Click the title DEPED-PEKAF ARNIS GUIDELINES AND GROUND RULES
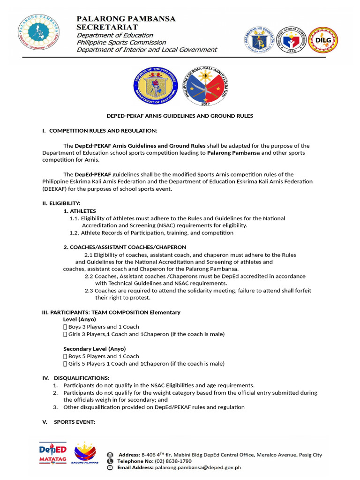pos(179,116)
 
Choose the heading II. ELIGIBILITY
pos(61,203)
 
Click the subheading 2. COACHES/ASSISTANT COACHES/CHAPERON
pos(125,247)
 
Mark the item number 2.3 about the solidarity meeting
pos(89,291)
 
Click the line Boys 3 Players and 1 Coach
pos(104,327)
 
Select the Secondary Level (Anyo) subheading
pos(94,349)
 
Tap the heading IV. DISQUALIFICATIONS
pos(76,378)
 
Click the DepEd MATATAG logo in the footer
pos(52,453)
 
